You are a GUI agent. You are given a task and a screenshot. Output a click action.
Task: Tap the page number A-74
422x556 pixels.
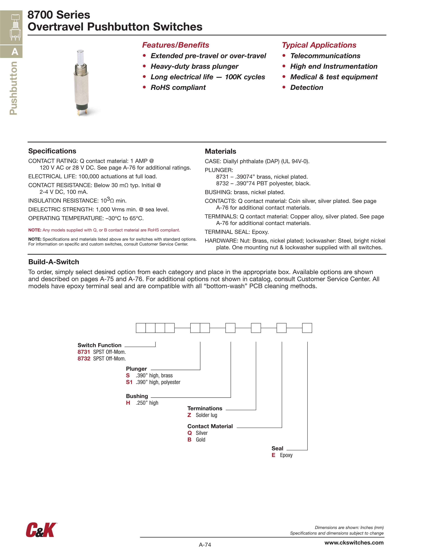(x=205, y=545)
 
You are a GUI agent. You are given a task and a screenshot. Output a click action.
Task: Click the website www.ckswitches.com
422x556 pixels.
(x=354, y=542)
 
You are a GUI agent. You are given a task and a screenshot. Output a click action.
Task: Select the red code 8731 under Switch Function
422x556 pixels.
(x=84, y=352)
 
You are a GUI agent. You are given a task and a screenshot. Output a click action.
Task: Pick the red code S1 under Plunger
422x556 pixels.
(x=129, y=382)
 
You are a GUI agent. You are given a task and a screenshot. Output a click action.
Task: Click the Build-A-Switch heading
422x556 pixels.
(x=54, y=262)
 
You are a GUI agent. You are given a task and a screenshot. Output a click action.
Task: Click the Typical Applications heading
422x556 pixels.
(x=319, y=45)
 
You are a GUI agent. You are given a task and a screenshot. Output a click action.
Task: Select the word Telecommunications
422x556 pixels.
(x=325, y=56)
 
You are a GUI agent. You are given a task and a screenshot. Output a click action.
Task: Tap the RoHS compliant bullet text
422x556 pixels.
(x=178, y=87)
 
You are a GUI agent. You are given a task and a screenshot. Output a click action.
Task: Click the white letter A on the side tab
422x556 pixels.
(x=15, y=52)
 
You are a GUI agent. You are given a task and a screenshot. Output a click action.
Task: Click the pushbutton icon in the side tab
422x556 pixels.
(x=15, y=27)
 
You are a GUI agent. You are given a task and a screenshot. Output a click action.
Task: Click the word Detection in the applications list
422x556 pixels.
(x=307, y=87)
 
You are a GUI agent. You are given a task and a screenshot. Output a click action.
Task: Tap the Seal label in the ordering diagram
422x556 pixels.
(x=277, y=448)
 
